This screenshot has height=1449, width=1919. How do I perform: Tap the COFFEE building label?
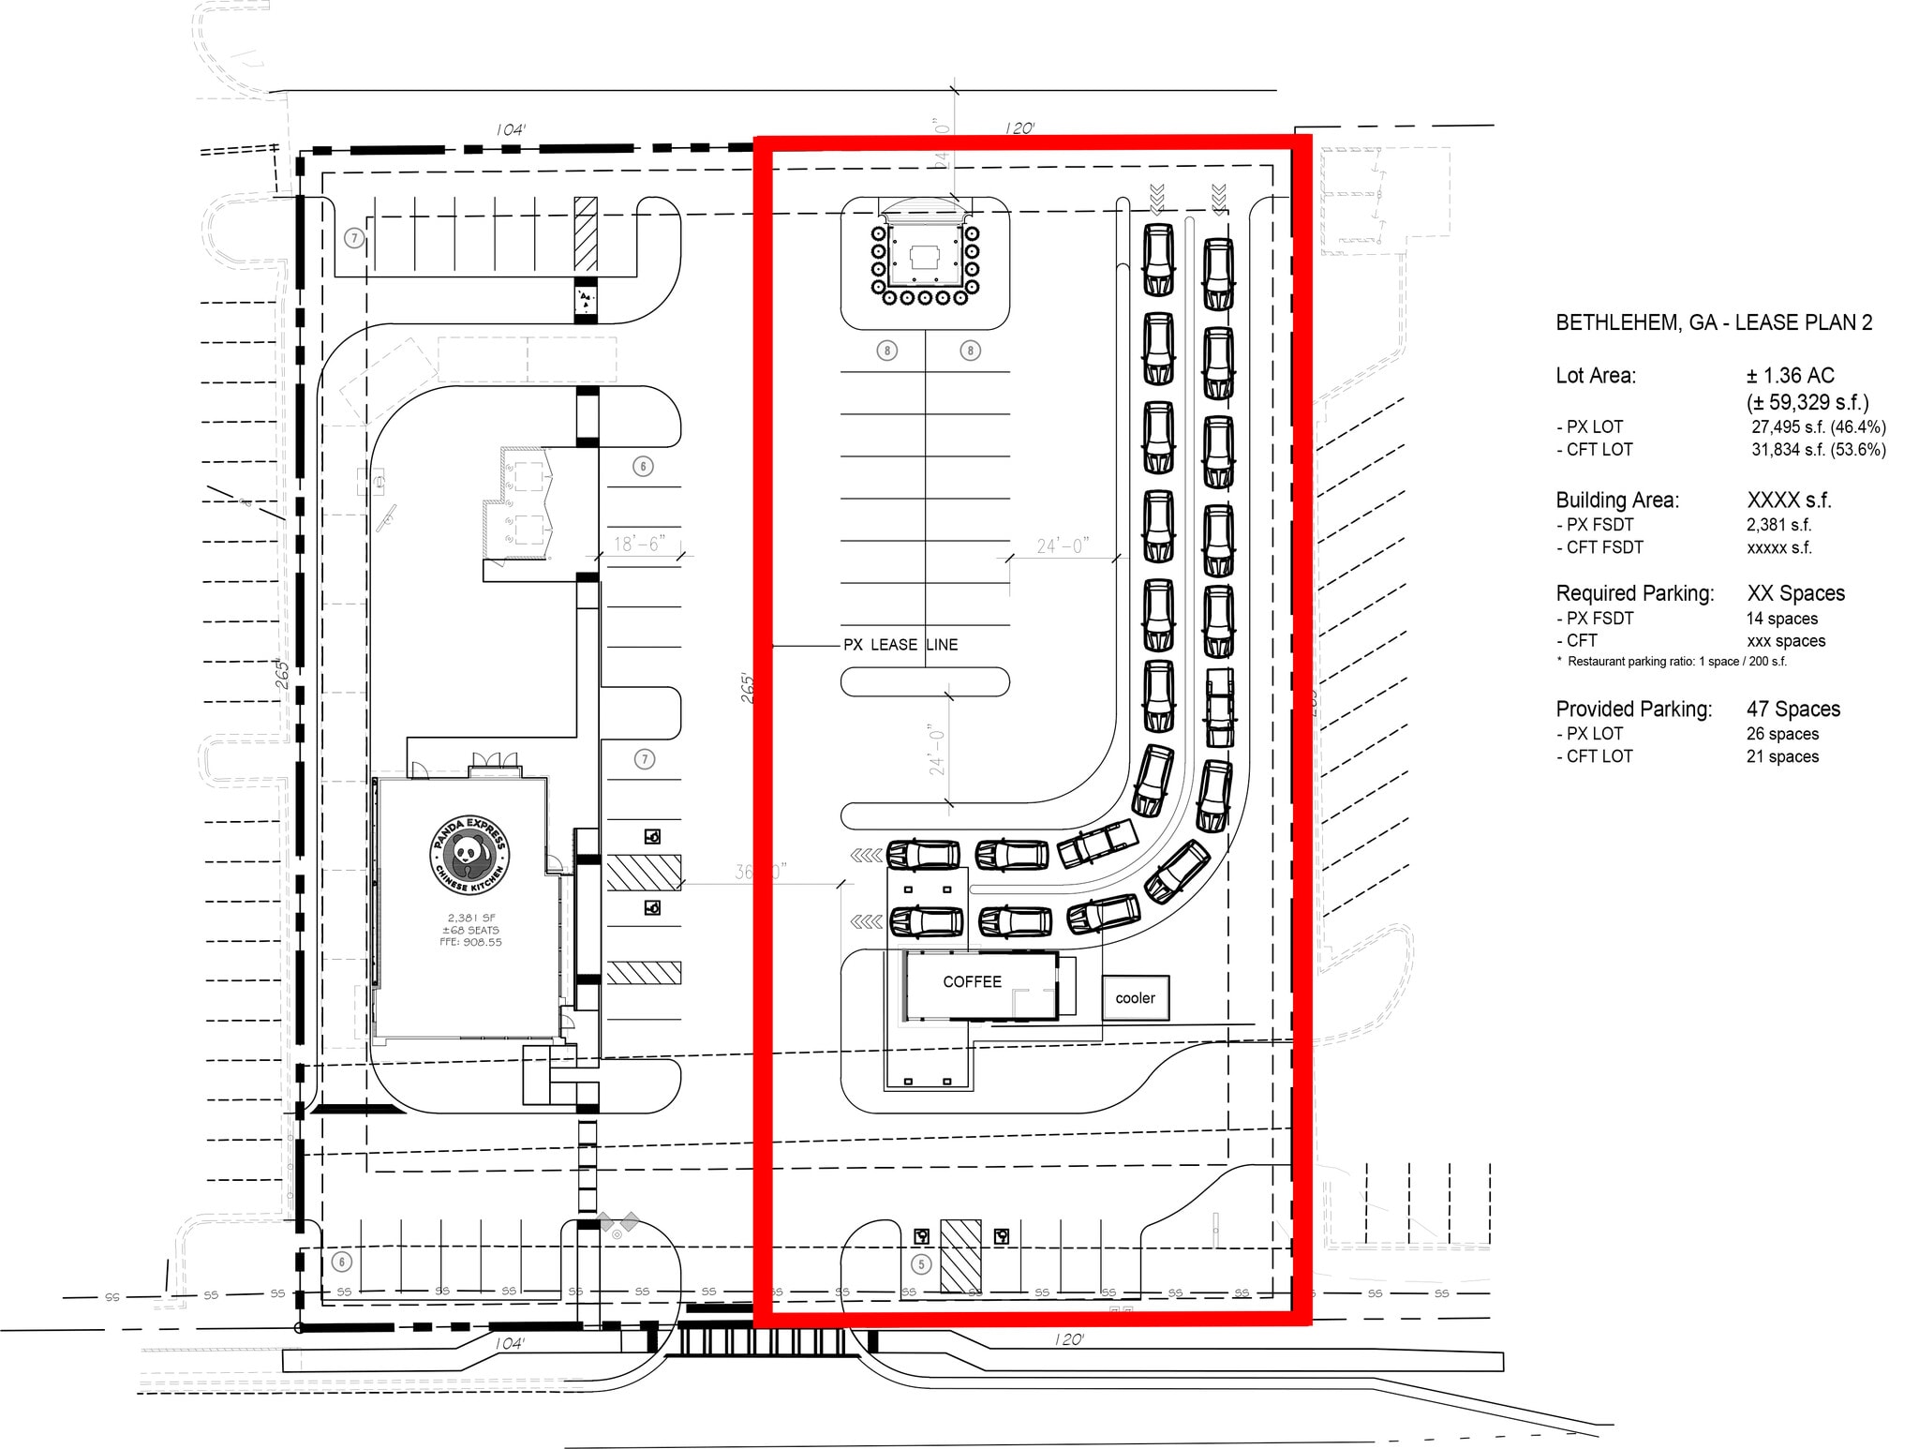click(972, 981)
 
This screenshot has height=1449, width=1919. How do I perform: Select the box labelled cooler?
click(1135, 998)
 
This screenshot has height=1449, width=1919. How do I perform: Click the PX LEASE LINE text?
click(900, 645)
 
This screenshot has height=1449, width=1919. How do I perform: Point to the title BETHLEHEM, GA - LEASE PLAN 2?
click(1714, 322)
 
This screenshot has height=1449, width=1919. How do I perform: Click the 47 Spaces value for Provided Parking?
click(1793, 709)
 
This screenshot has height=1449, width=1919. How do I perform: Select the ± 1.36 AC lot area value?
click(1790, 375)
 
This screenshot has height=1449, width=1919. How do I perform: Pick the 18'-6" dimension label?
click(639, 545)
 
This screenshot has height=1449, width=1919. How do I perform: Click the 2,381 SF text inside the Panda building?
click(471, 918)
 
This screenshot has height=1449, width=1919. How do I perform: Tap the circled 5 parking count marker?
click(921, 1264)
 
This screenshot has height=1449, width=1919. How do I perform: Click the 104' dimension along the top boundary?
click(510, 129)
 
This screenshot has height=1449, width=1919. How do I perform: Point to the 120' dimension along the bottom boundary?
click(1068, 1339)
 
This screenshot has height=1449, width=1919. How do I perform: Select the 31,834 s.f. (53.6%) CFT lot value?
click(1818, 450)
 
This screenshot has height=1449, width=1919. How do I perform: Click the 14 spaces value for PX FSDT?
click(1781, 619)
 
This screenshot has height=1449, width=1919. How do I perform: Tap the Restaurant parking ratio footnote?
click(1671, 662)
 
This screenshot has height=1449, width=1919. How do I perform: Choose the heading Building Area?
click(1617, 500)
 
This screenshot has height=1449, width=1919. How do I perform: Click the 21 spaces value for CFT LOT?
click(1782, 756)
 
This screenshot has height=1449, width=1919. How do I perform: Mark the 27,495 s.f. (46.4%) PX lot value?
click(1818, 427)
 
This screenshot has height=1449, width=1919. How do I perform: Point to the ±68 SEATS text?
click(471, 930)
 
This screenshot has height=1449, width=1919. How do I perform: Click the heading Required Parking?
click(1634, 593)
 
